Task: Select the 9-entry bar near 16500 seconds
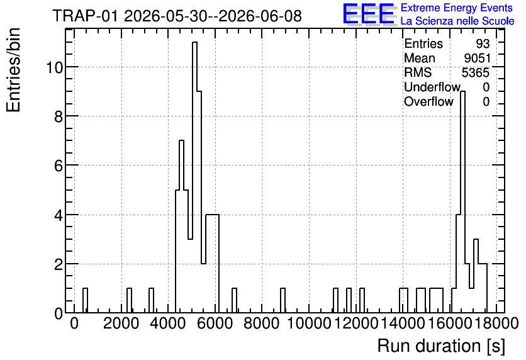pos(462,201)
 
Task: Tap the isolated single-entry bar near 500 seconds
pos(85,300)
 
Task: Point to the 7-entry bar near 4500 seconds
pos(181,227)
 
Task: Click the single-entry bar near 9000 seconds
pos(283,300)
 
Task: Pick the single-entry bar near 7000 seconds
pos(234,300)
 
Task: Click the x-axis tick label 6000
pos(215,323)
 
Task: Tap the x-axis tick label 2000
pos(121,323)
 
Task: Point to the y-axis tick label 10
pos(54,67)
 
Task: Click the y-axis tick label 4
pos(59,215)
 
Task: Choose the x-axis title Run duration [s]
pos(441,346)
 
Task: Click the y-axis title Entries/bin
pos(13,70)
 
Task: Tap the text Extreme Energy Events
pos(457,8)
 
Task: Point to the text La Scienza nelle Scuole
pos(457,21)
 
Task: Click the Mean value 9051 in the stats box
pos(477,58)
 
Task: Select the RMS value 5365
pos(476,72)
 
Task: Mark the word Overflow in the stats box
pos(428,101)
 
